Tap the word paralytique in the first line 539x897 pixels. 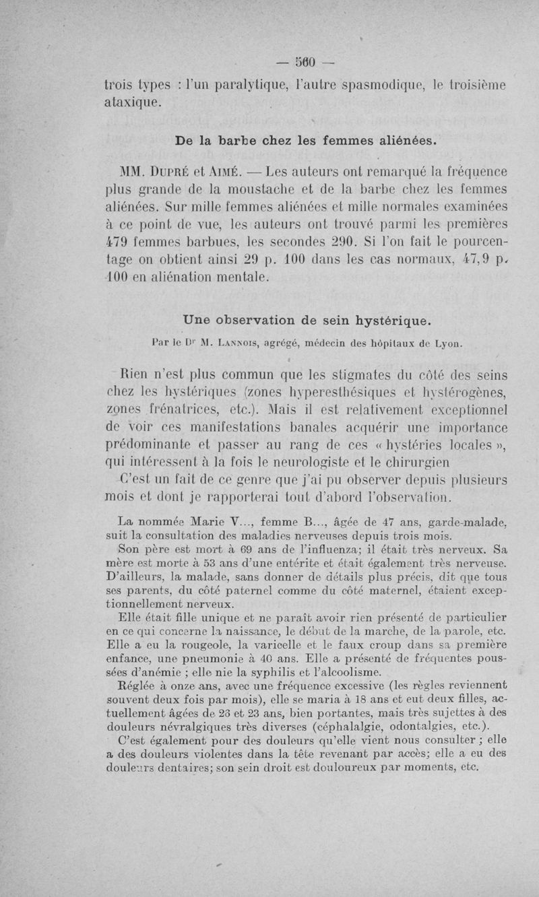pyautogui.click(x=232, y=86)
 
